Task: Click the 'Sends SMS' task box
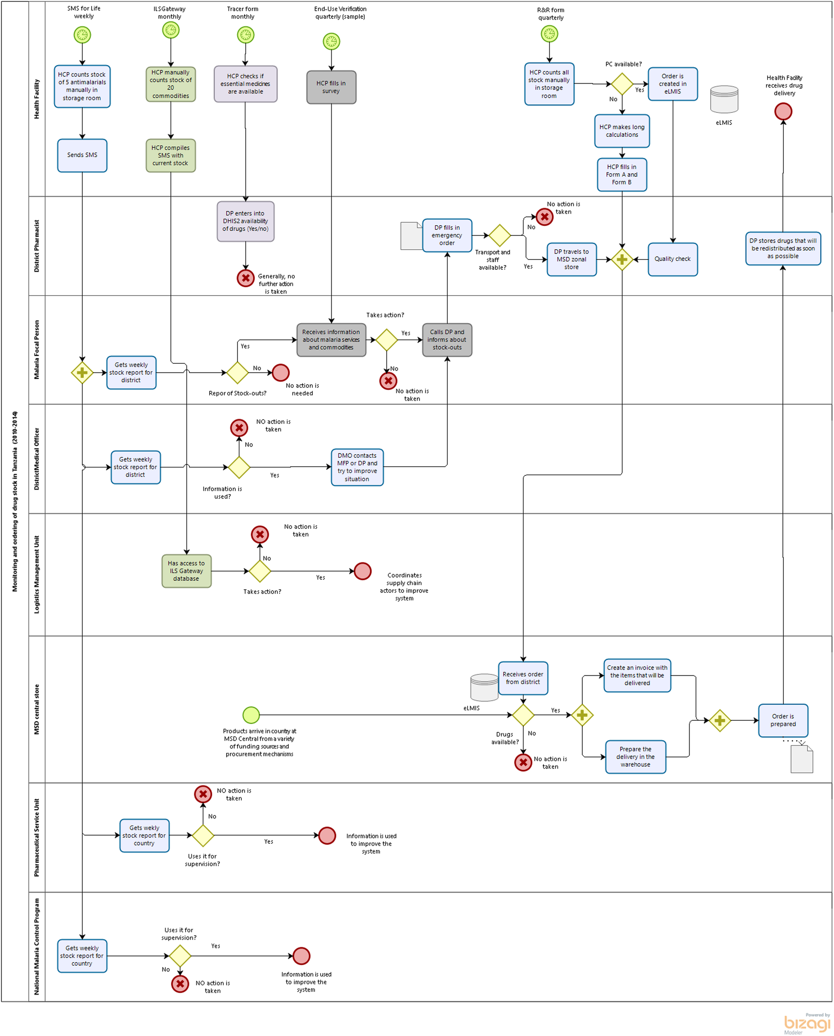click(x=82, y=155)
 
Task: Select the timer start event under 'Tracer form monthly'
click(x=246, y=35)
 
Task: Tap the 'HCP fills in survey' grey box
click(x=331, y=87)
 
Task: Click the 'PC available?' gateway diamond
click(x=622, y=84)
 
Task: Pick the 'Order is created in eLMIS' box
click(x=672, y=84)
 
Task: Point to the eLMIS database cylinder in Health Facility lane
click(x=723, y=100)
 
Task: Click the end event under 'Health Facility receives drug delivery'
click(x=783, y=112)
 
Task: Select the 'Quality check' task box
click(x=672, y=259)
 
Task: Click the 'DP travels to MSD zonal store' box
click(x=571, y=259)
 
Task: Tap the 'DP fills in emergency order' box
click(x=447, y=235)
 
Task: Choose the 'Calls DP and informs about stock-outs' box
click(x=447, y=339)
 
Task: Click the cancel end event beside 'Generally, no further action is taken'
click(x=246, y=278)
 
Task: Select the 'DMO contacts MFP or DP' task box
click(x=357, y=467)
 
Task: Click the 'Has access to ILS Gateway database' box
click(x=186, y=571)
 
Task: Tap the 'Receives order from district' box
click(x=523, y=678)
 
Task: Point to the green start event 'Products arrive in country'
click(x=251, y=715)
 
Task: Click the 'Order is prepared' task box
click(x=783, y=720)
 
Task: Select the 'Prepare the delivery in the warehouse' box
click(x=635, y=756)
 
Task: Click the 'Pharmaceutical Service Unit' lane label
click(x=36, y=837)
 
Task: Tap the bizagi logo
click(x=807, y=1023)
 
